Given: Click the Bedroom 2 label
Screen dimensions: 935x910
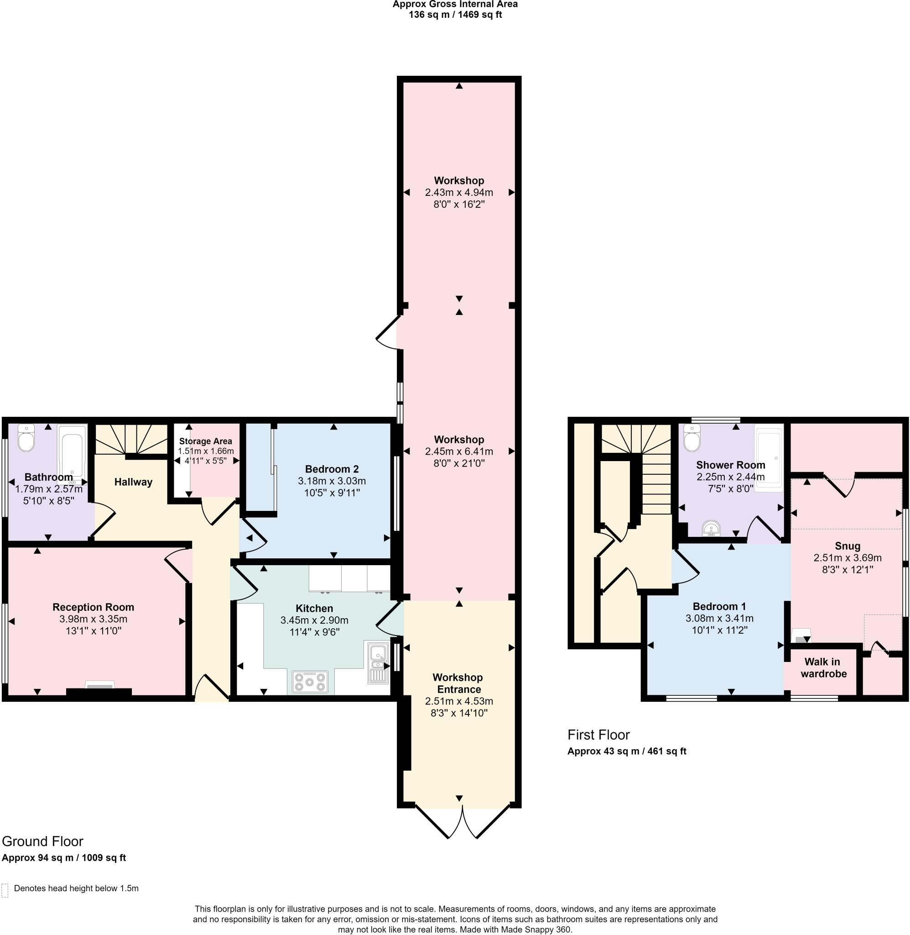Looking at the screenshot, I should click(332, 469).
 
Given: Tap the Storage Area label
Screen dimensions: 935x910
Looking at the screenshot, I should click(206, 441).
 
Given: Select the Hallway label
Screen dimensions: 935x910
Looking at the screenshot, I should click(133, 482).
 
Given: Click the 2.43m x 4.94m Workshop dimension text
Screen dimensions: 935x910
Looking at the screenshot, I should click(459, 193).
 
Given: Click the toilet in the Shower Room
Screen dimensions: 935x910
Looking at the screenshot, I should click(692, 438).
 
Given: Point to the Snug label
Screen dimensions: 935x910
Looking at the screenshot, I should click(848, 546).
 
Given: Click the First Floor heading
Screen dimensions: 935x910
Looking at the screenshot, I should click(598, 735).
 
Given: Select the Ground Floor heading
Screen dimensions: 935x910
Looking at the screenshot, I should click(42, 841).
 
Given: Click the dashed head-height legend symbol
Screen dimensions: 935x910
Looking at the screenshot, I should click(5, 891).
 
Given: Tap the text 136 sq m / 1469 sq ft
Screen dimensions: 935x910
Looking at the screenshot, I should click(455, 15).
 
